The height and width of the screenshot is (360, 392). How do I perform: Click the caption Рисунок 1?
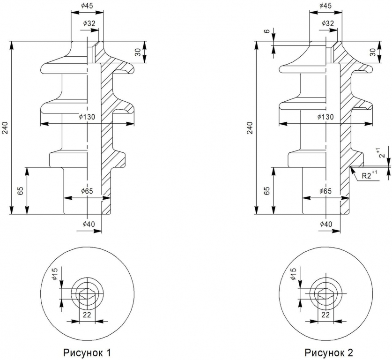pyautogui.click(x=87, y=352)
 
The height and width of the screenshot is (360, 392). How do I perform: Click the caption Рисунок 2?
pyautogui.click(x=329, y=352)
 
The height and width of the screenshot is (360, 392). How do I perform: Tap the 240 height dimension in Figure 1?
pyautogui.click(x=6, y=127)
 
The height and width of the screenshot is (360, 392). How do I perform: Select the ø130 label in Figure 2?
pyautogui.click(x=325, y=117)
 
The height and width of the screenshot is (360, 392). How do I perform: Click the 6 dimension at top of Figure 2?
pyautogui.click(x=267, y=31)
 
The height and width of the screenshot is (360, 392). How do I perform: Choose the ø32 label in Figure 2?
pyautogui.click(x=327, y=23)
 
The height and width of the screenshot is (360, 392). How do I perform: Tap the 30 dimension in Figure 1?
pyautogui.click(x=138, y=52)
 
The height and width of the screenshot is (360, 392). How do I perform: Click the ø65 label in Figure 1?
pyautogui.click(x=87, y=191)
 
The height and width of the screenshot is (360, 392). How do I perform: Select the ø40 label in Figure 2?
pyautogui.click(x=326, y=224)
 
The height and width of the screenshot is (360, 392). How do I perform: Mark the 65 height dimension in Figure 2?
pyautogui.click(x=266, y=191)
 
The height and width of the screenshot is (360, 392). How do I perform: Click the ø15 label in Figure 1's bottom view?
pyautogui.click(x=55, y=274)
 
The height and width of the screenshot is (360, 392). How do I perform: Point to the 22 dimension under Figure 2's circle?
pyautogui.click(x=325, y=315)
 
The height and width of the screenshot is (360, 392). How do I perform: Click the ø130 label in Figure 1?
pyautogui.click(x=87, y=117)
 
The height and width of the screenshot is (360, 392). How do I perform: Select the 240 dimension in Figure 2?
pyautogui.click(x=250, y=127)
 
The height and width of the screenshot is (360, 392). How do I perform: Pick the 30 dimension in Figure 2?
pyautogui.click(x=373, y=52)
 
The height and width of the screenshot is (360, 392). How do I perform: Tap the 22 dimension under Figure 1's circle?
pyautogui.click(x=87, y=315)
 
